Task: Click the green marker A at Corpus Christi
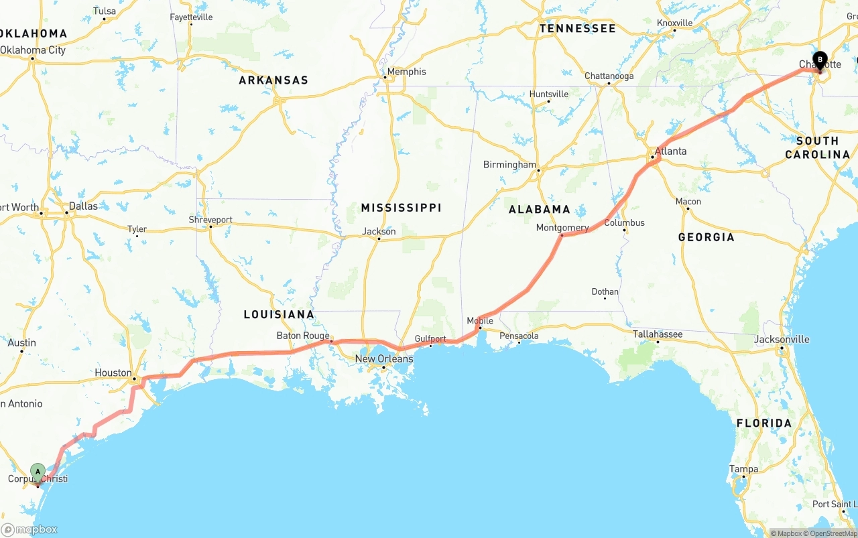38,472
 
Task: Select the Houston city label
113,373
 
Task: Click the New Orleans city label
384,359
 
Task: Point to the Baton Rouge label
303,336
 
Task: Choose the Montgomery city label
562,228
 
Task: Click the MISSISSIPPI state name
401,208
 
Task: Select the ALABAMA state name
539,209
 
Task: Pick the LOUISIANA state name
278,314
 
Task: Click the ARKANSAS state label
273,80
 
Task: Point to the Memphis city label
406,72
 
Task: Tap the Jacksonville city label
781,339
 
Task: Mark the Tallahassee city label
658,334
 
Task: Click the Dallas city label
82,206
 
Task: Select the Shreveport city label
210,219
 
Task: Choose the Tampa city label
743,469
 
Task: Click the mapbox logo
29,529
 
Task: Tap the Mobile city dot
479,328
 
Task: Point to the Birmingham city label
509,165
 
